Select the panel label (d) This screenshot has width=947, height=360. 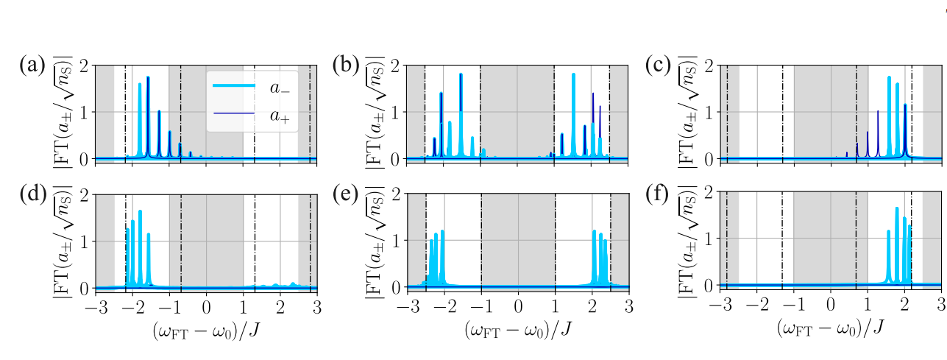click(x=32, y=195)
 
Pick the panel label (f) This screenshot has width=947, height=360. click(x=658, y=195)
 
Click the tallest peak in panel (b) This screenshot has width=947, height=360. click(x=461, y=74)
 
